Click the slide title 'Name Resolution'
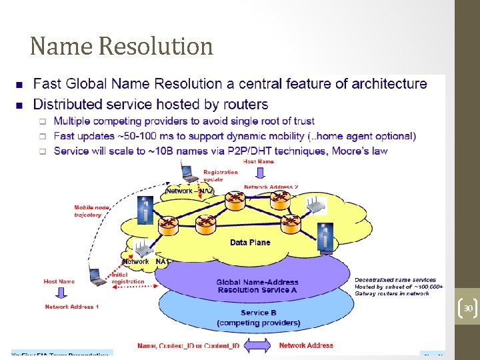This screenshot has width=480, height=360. pyautogui.click(x=121, y=47)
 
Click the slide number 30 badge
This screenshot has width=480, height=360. pyautogui.click(x=468, y=309)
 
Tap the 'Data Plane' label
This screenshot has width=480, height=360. pyautogui.click(x=250, y=243)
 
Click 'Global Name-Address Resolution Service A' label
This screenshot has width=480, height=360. pyautogui.click(x=257, y=287)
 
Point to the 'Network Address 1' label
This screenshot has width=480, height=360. pyautogui.click(x=71, y=307)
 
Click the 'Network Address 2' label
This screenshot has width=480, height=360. pyautogui.click(x=271, y=187)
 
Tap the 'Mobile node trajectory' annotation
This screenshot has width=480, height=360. pyautogui.click(x=92, y=211)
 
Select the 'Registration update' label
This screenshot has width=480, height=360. pyautogui.click(x=220, y=175)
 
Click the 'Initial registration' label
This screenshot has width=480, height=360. pyautogui.click(x=127, y=279)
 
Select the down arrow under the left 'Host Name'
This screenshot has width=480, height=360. pyautogui.click(x=60, y=294)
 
